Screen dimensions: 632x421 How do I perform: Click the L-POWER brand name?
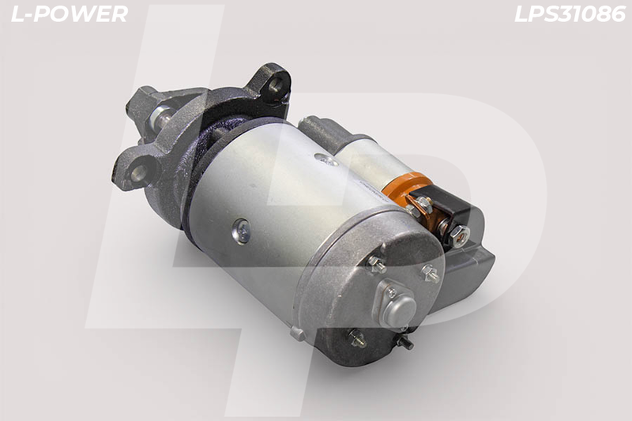pos(70,14)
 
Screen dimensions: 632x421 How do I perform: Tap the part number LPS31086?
pos(570,14)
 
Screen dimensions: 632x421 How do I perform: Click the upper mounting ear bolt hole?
pos(276,85)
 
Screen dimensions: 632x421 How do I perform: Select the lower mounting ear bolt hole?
pos(140,173)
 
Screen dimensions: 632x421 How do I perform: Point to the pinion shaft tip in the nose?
pos(160,115)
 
